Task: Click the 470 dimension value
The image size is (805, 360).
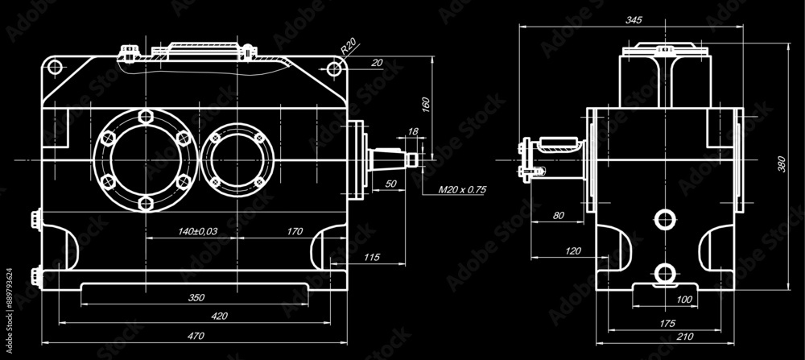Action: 196,334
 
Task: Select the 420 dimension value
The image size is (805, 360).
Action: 219,316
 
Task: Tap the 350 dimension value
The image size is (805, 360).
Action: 196,297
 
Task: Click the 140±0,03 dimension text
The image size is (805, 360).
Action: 197,232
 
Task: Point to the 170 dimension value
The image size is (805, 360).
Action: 295,232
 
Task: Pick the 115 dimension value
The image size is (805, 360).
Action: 371,257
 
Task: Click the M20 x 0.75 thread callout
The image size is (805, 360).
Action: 462,191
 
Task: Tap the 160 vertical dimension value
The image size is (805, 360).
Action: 426,106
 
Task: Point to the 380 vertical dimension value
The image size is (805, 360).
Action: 780,164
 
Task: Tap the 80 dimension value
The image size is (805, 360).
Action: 558,215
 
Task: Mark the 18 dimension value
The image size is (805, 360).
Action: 413,130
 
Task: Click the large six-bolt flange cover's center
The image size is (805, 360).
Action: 145,160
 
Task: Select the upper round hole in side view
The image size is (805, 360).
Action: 664,218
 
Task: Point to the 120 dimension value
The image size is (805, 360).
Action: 572,251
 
